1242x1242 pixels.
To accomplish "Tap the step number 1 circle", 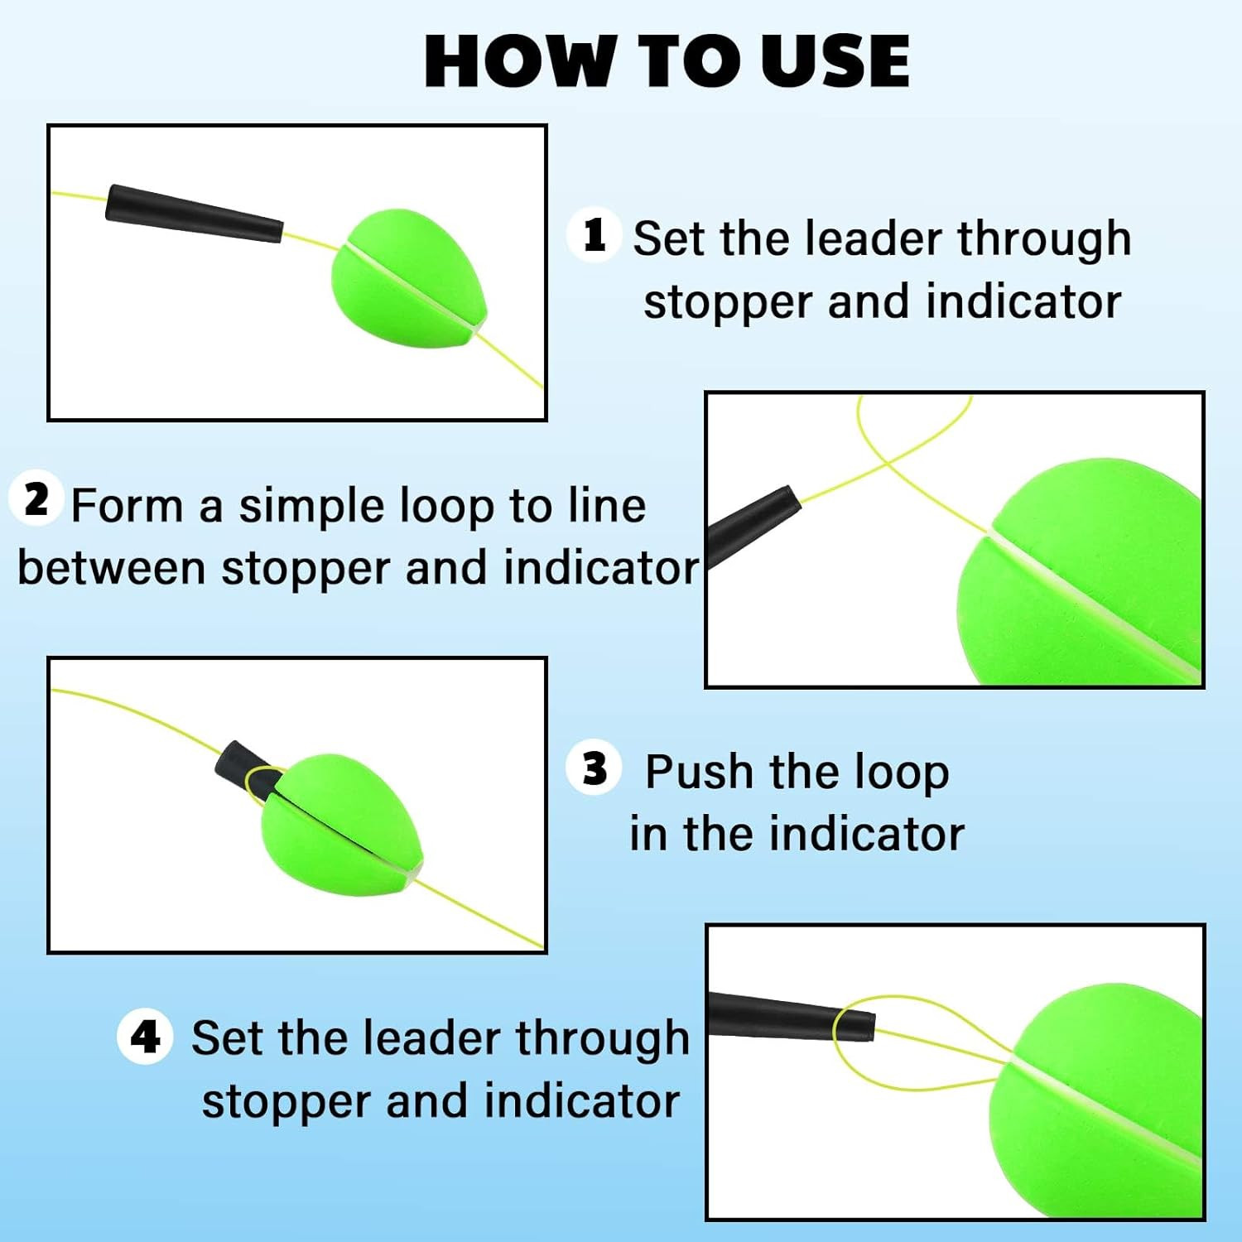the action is tap(594, 235).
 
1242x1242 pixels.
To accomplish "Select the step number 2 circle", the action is tap(36, 499).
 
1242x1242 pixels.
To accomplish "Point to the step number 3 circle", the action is tap(594, 768).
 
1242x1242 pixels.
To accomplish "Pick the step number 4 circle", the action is tap(145, 1036).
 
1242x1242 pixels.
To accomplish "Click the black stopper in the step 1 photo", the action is tap(195, 214).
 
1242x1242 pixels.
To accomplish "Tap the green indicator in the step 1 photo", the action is tap(408, 279).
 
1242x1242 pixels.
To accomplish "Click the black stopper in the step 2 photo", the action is tap(753, 527).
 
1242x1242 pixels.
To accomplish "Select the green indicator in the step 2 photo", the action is tap(1079, 571).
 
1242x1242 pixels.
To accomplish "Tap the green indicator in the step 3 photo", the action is tap(342, 825).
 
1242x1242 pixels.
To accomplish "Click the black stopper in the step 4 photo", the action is tap(792, 1016).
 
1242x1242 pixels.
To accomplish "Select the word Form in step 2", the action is tap(127, 506).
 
